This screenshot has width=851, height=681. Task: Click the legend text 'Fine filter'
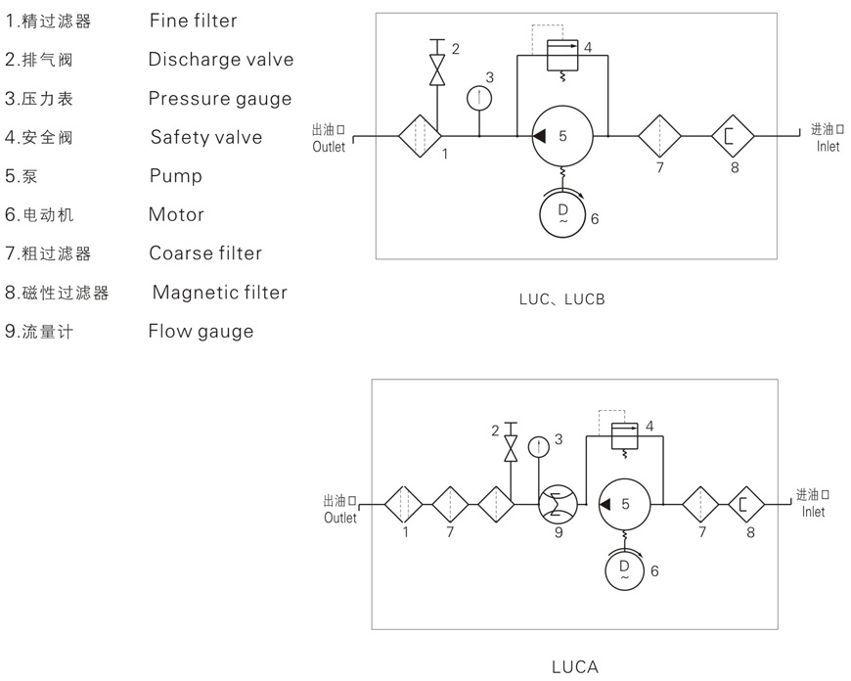pos(193,20)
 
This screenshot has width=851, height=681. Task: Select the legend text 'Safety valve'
pos(206,137)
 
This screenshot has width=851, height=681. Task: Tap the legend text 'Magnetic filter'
pos(220,293)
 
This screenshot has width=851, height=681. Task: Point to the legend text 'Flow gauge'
pos(201,332)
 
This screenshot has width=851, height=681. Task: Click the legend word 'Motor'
pos(176,214)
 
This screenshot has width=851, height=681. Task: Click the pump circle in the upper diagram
pos(561,136)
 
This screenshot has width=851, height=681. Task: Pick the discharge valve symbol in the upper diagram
pos(438,68)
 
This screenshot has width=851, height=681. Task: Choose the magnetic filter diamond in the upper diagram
pos(734,136)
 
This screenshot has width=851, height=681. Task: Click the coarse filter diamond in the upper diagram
pos(659,136)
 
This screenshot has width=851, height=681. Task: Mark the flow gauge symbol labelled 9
pos(558,504)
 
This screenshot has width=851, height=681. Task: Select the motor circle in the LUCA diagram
pos(624,570)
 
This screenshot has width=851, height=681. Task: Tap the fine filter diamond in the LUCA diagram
pos(403,504)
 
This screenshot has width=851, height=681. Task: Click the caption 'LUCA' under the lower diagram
pos(574,667)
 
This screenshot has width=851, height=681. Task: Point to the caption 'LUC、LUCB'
pos(561,299)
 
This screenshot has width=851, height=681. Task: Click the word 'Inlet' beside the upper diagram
pos(828,147)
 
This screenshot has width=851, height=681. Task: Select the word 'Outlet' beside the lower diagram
pos(340,518)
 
